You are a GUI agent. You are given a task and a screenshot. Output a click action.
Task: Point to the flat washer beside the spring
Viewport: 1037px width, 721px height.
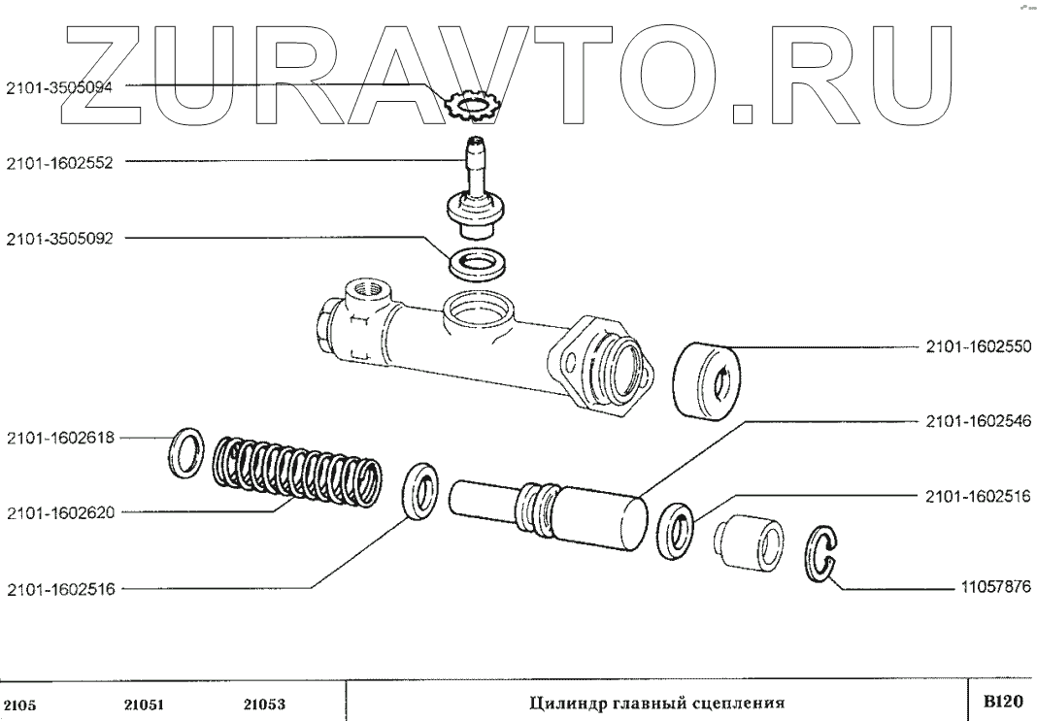coord(185,451)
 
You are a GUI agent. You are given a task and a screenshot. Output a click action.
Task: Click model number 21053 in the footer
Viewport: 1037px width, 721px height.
coord(262,705)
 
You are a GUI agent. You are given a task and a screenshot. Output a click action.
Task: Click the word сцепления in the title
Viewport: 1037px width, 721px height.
coord(732,703)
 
